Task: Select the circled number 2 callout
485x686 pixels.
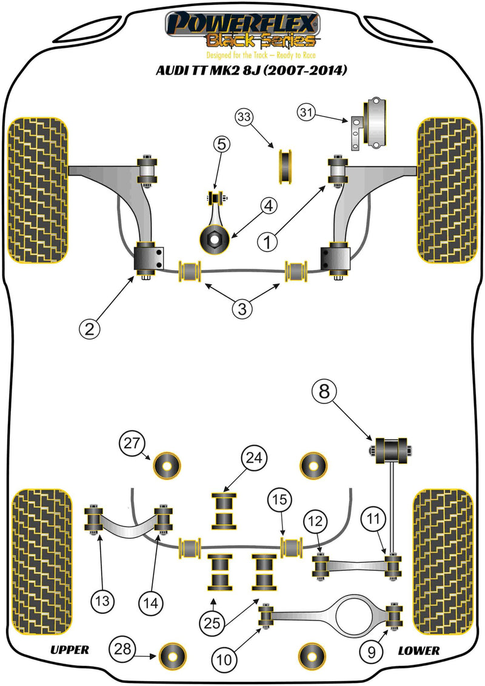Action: [89, 329]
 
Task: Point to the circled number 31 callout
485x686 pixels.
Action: [307, 112]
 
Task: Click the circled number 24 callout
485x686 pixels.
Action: [253, 458]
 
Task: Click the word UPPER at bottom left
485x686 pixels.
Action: [69, 650]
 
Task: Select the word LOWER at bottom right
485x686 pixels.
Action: [419, 650]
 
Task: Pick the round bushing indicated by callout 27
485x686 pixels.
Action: [168, 466]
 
